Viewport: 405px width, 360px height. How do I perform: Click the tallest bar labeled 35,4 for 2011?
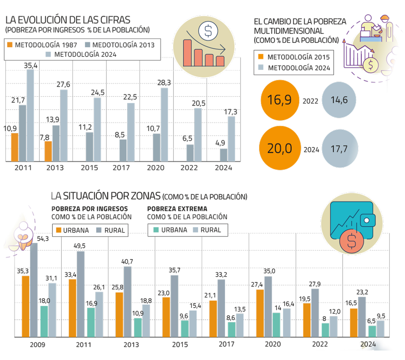pos(30,115)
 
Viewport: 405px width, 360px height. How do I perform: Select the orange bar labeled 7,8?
pos(48,151)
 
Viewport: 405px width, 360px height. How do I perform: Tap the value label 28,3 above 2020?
pos(164,83)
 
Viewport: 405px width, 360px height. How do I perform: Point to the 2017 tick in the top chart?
pos(121,168)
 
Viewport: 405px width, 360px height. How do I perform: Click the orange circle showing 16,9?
pos(280,100)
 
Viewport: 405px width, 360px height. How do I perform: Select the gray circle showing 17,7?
pos(340,149)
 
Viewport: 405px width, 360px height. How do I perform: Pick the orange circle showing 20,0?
pos(280,148)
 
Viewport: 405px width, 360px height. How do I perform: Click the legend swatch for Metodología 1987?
pos(10,45)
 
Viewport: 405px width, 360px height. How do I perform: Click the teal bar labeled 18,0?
pos(44,321)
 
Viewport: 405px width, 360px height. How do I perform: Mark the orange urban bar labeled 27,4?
pos(260,313)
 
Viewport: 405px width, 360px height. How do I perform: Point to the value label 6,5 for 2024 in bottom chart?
pos(371,321)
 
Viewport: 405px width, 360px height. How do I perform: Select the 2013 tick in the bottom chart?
pos(131,344)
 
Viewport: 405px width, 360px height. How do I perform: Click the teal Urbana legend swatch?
pos(156,230)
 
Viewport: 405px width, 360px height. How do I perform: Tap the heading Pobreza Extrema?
pos(177,209)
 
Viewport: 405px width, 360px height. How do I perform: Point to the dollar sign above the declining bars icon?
pos(208,31)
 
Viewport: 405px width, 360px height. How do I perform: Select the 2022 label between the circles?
pos(310,101)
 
